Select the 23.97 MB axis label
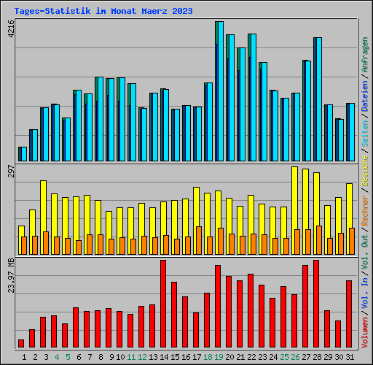[9, 277]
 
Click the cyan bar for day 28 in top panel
[318, 99]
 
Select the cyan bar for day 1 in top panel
[23, 153]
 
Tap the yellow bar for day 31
[350, 204]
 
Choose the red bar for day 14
[163, 303]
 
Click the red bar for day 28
[316, 303]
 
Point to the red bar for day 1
[21, 343]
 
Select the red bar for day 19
[218, 306]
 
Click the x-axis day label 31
[350, 357]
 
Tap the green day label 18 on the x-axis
[208, 357]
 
